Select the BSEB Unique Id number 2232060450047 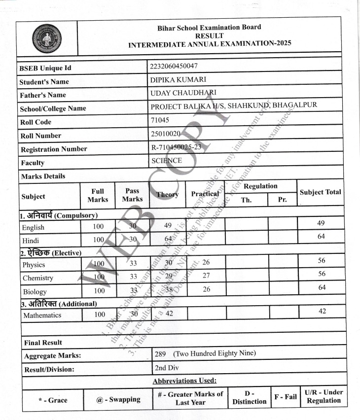pyautogui.click(x=174, y=66)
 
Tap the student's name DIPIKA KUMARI pyautogui.click(x=178, y=79)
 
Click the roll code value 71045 pyautogui.click(x=160, y=119)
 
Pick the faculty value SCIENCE pyautogui.click(x=167, y=160)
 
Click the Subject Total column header pyautogui.click(x=320, y=192)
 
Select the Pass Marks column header pyautogui.click(x=132, y=195)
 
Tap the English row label pyautogui.click(x=33, y=227)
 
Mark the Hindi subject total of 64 pyautogui.click(x=322, y=237)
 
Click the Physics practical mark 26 pyautogui.click(x=206, y=262)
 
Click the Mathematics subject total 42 pyautogui.click(x=321, y=311)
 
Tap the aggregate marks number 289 pyautogui.click(x=160, y=353)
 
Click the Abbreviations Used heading pyautogui.click(x=184, y=381)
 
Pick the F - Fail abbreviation pyautogui.click(x=286, y=396)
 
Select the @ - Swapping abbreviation pyautogui.click(x=118, y=399)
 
